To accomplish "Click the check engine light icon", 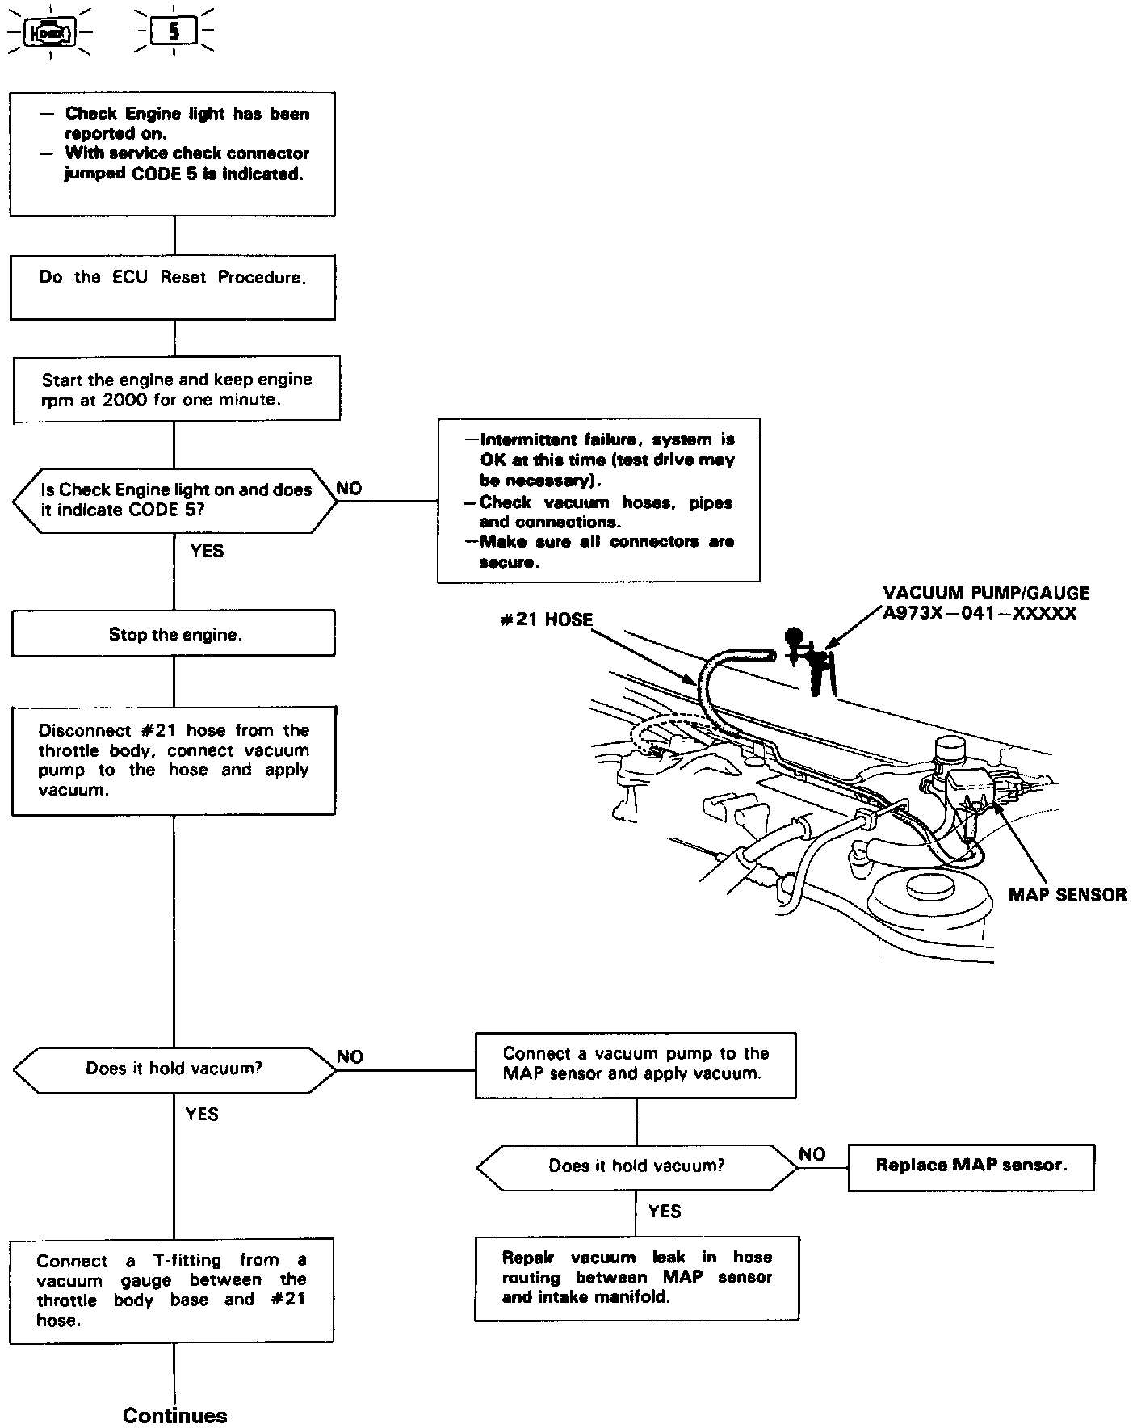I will click(51, 32).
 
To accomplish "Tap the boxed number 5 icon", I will click(174, 31).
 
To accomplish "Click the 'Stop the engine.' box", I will click(174, 633).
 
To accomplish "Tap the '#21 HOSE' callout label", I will click(546, 619).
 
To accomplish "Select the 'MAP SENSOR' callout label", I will click(1067, 894).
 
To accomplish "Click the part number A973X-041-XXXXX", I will click(980, 613).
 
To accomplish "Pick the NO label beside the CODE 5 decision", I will click(349, 488).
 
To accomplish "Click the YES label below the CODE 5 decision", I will click(207, 551).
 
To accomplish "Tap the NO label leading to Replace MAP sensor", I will click(812, 1154).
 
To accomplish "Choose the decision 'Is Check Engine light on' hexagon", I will click(175, 500).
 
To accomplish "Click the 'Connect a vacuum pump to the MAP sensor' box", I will click(636, 1065).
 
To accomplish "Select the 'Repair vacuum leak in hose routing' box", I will click(636, 1278).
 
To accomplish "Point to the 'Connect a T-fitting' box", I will click(172, 1290).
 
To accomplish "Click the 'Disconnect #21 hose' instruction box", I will click(174, 760).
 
